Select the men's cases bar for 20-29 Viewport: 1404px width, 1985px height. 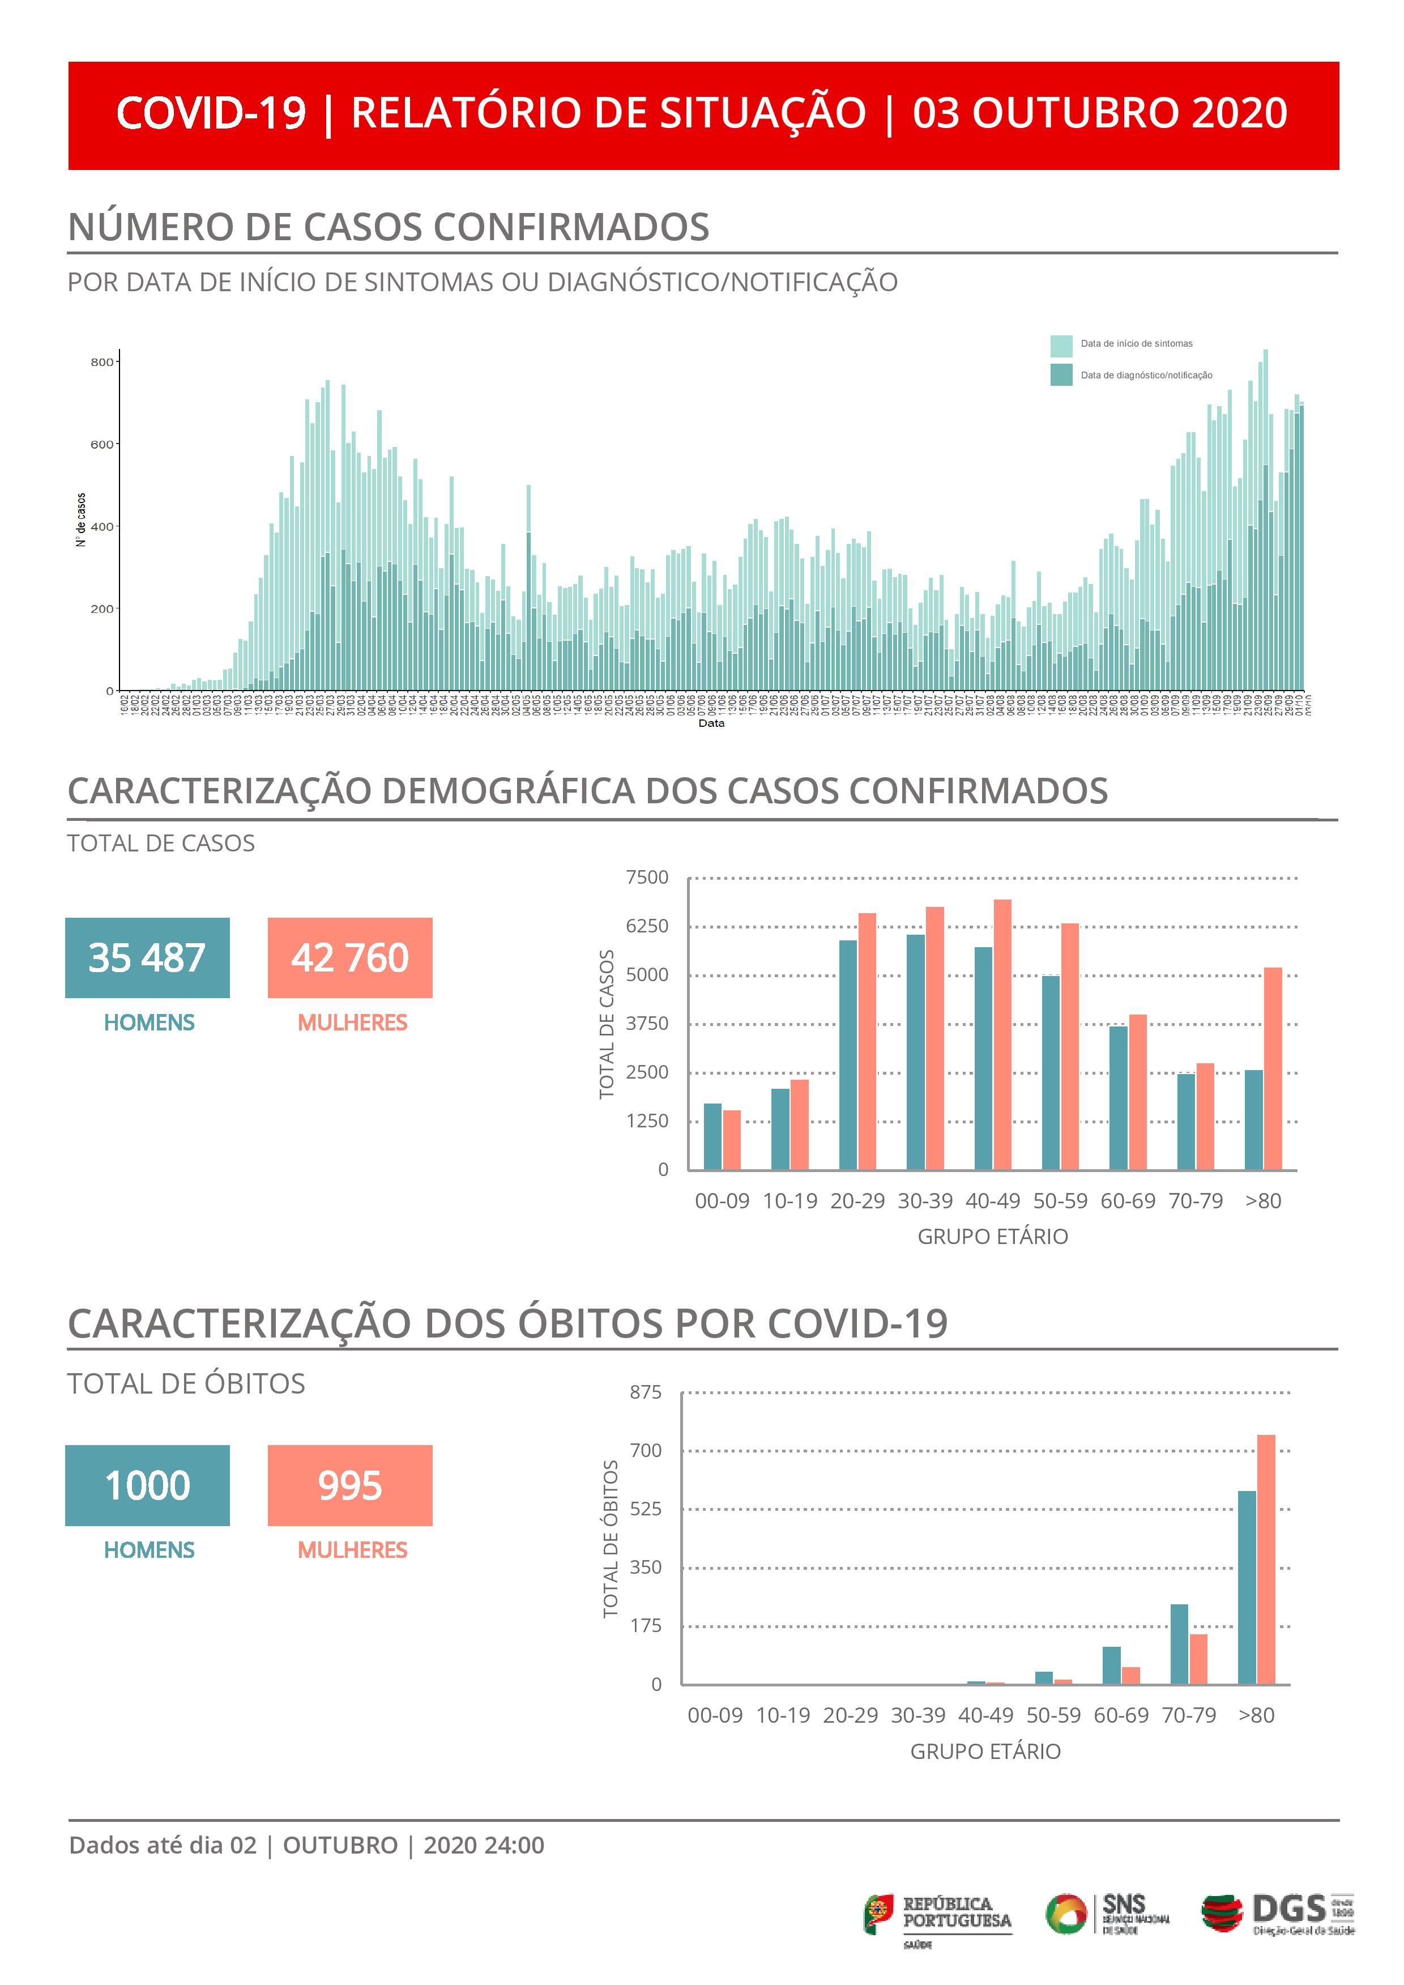click(x=847, y=1055)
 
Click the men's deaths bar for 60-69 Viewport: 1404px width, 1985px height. click(x=1111, y=1665)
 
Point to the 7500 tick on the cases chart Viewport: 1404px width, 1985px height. click(x=647, y=878)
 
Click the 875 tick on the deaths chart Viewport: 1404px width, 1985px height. click(x=645, y=1392)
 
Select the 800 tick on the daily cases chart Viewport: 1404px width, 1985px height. click(x=102, y=362)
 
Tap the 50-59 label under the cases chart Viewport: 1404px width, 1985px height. click(x=1060, y=1201)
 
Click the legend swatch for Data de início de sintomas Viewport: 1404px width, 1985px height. click(x=1061, y=346)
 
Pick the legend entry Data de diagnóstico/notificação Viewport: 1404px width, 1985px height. click(x=1146, y=375)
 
